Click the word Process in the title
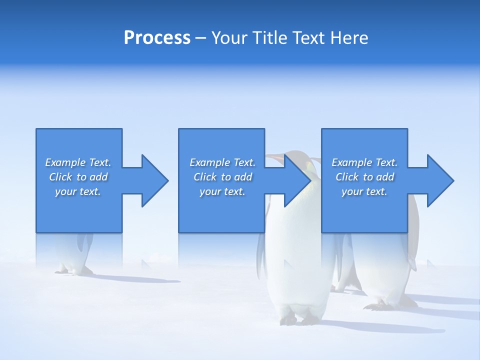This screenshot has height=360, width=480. [x=157, y=38]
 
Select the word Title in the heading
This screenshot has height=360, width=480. [x=270, y=38]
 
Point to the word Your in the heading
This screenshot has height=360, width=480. [x=229, y=38]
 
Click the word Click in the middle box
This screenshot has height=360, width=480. [x=204, y=177]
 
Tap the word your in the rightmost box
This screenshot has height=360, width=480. [x=352, y=191]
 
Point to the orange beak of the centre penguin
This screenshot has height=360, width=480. [x=274, y=158]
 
